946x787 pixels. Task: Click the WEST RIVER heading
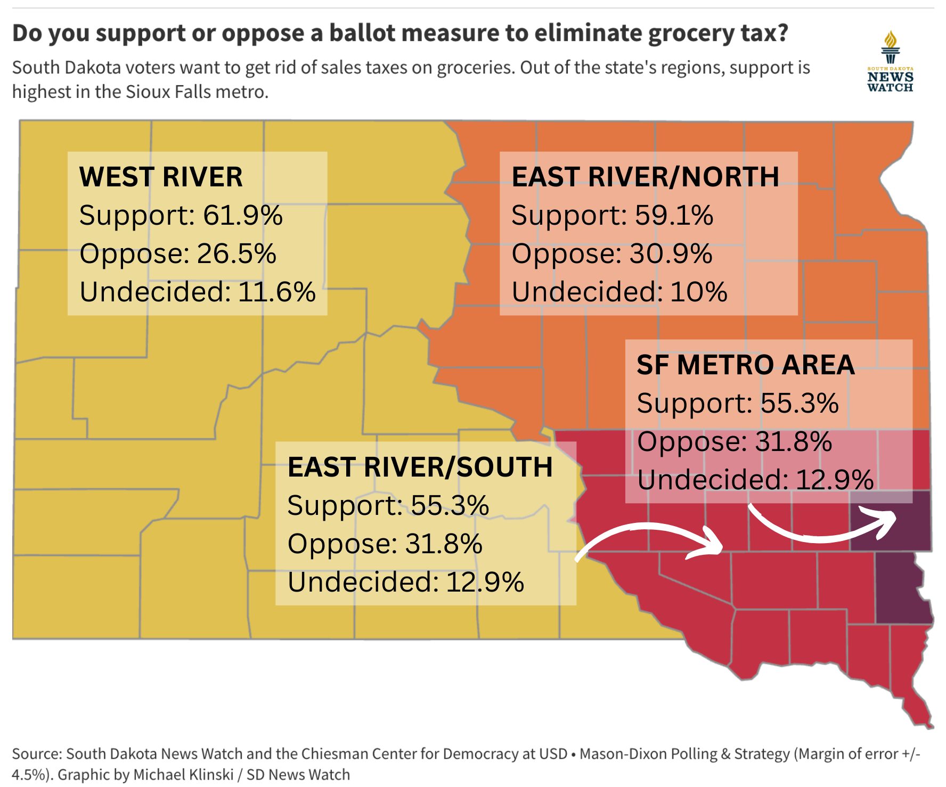[x=161, y=177]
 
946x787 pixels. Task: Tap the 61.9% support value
[x=243, y=216]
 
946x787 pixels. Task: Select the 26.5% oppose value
[x=237, y=253]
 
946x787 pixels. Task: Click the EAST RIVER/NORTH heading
[x=645, y=177]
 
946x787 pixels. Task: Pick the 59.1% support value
[x=674, y=216]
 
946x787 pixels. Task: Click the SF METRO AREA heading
[x=745, y=365]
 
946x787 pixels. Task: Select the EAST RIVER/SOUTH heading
[x=420, y=467]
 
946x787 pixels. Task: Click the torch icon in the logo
[x=890, y=47]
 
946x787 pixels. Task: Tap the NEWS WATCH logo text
[x=890, y=81]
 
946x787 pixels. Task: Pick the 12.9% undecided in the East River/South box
[x=485, y=582]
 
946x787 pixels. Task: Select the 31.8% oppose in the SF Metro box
[x=794, y=441]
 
